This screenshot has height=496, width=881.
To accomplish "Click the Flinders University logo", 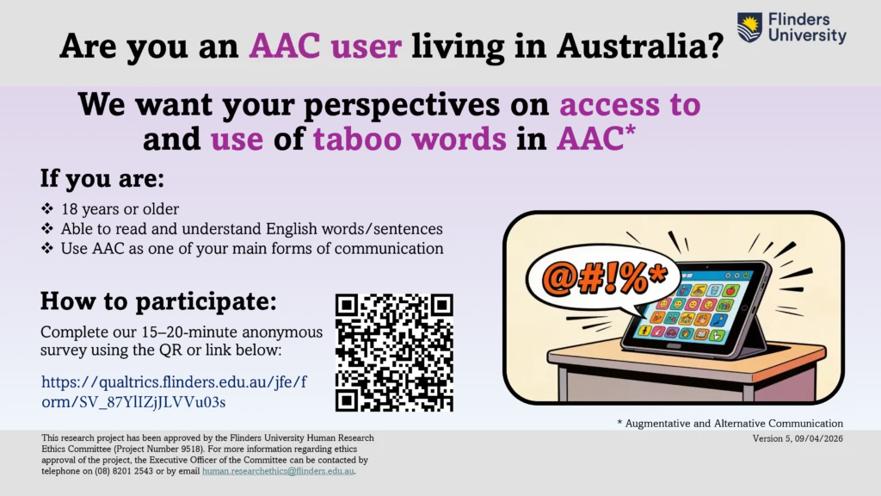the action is pyautogui.click(x=792, y=28).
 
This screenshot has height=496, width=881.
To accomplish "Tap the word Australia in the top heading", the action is pyautogui.click(x=640, y=46).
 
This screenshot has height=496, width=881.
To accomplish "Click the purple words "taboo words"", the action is pyautogui.click(x=410, y=139).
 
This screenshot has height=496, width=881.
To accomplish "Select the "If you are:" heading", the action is pyautogui.click(x=102, y=178).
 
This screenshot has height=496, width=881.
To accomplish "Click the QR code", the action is pyautogui.click(x=394, y=352).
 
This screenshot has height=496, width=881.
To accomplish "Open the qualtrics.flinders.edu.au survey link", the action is pyautogui.click(x=174, y=392).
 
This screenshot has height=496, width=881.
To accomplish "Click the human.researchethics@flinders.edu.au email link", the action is pyautogui.click(x=278, y=471).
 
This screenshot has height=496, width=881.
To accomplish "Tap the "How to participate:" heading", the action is pyautogui.click(x=158, y=301).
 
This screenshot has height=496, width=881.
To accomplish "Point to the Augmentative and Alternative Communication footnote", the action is pyautogui.click(x=730, y=424).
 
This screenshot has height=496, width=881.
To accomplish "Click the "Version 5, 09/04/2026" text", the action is pyautogui.click(x=798, y=438).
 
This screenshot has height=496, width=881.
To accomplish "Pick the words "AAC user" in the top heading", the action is pyautogui.click(x=325, y=46).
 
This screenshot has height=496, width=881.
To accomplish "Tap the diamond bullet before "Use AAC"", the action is pyautogui.click(x=47, y=248).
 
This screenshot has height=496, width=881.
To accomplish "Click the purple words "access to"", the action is pyautogui.click(x=630, y=104).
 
